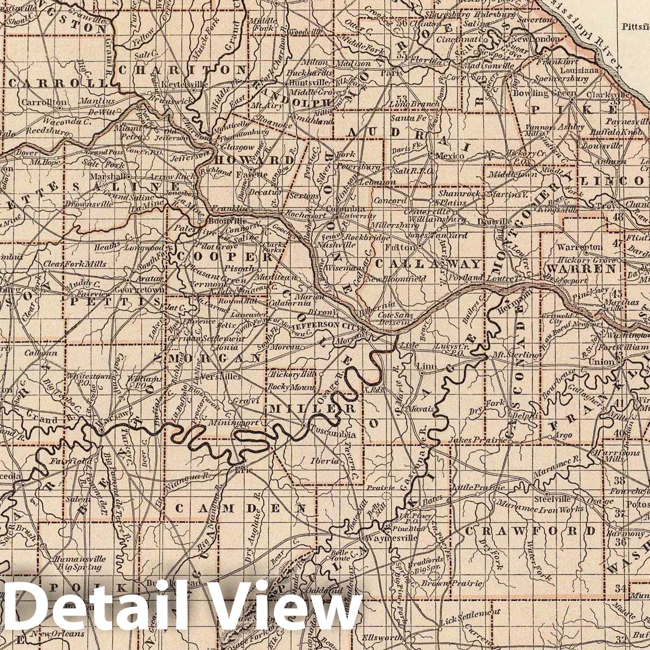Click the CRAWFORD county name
(x=533, y=531)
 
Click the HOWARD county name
(x=256, y=159)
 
